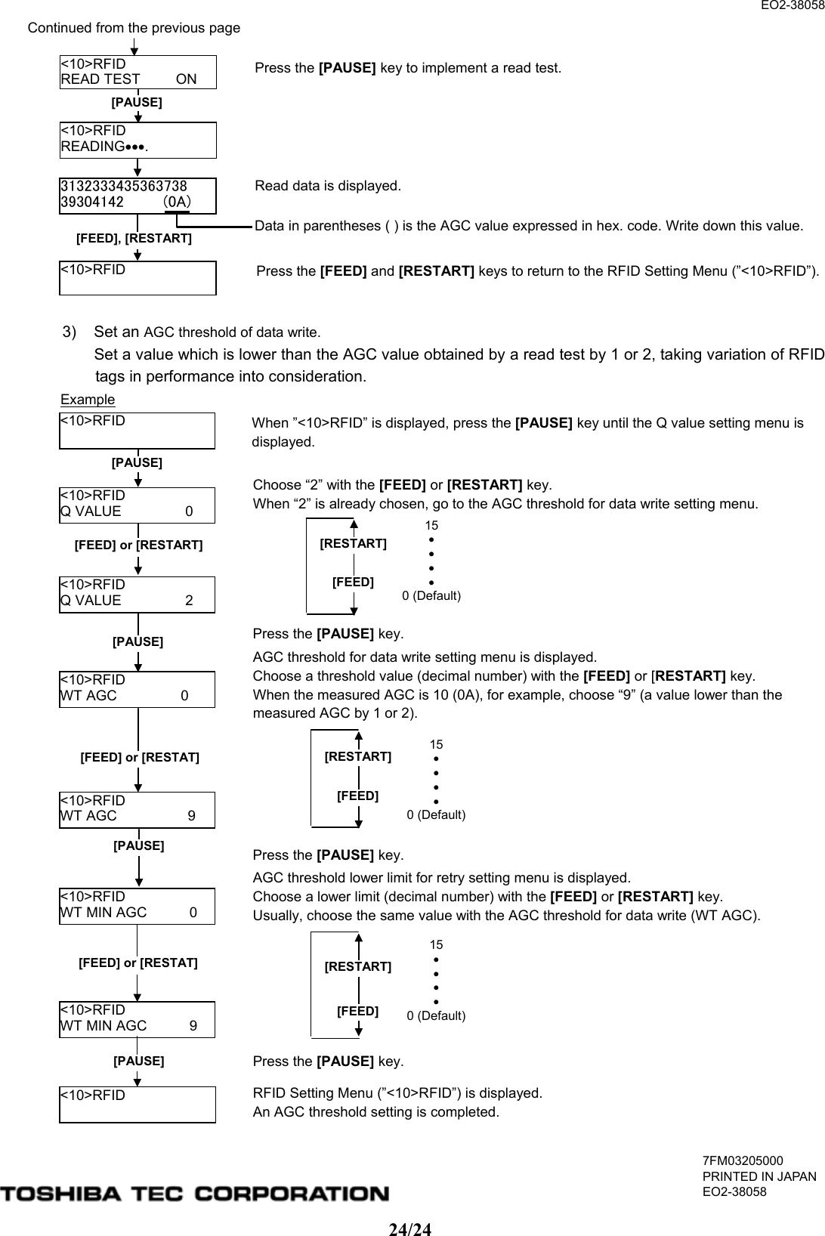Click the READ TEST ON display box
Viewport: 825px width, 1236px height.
[x=137, y=72]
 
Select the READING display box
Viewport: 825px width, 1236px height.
[x=137, y=139]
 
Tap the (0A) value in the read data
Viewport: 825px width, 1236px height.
[x=178, y=202]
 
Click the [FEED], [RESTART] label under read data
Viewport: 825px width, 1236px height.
[x=134, y=239]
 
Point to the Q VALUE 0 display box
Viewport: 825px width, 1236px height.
[x=137, y=505]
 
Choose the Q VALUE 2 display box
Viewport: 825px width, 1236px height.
[x=137, y=594]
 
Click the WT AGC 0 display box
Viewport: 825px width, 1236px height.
[x=137, y=688]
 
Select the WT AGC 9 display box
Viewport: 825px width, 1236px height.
[x=137, y=809]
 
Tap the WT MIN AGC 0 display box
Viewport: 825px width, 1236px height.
[x=137, y=905]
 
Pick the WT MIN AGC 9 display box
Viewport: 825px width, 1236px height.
[x=137, y=1018]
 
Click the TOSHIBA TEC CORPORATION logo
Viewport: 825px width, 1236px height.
[x=195, y=1194]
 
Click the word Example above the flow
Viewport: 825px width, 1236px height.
[x=88, y=400]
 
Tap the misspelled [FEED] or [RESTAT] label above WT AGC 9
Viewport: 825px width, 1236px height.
[x=140, y=757]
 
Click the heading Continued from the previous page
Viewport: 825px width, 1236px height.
[x=134, y=28]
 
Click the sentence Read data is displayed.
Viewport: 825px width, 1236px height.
[x=328, y=186]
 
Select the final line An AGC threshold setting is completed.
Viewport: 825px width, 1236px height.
[x=375, y=1112]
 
